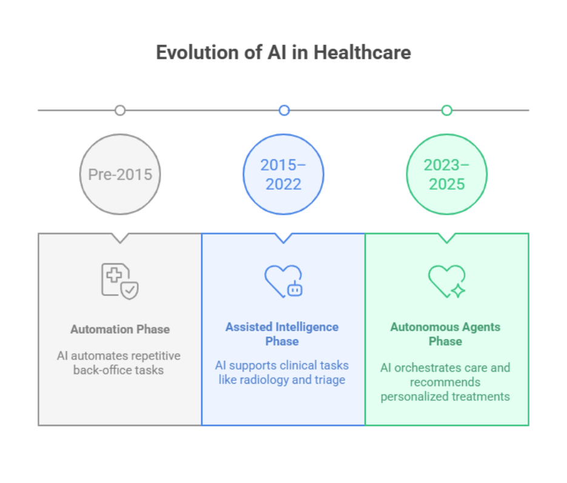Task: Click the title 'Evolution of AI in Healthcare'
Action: pyautogui.click(x=283, y=53)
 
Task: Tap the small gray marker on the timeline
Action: pyautogui.click(x=120, y=110)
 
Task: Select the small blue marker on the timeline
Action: pyautogui.click(x=283, y=110)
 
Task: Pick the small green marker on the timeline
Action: pyautogui.click(x=447, y=110)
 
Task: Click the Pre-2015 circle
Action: pyautogui.click(x=120, y=175)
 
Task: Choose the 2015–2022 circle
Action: pyautogui.click(x=283, y=175)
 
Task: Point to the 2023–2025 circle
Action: pyautogui.click(x=447, y=175)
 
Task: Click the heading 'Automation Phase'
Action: pyautogui.click(x=120, y=330)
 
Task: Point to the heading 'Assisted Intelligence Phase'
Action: pyautogui.click(x=282, y=334)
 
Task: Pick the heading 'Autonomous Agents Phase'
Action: pyautogui.click(x=445, y=334)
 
